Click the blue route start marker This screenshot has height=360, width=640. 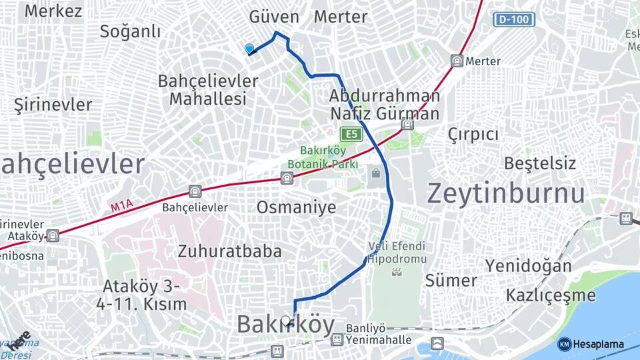249,49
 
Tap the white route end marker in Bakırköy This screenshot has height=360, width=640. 287,321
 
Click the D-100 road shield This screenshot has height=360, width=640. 514,19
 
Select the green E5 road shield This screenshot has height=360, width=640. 351,134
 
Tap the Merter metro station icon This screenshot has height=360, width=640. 457,61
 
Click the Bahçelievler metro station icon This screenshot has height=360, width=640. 195,192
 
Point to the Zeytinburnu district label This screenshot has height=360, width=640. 506,193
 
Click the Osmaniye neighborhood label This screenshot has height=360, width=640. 296,207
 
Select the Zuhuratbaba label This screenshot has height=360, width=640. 229,251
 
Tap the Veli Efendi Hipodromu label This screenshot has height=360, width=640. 397,251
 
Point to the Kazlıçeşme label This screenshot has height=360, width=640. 551,295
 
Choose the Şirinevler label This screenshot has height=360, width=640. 53,105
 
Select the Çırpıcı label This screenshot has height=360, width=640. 473,134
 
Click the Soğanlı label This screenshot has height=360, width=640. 130,31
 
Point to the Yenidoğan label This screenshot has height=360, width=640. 528,266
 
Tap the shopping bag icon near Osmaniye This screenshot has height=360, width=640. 376,174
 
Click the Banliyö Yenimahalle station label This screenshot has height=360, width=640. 377,334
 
